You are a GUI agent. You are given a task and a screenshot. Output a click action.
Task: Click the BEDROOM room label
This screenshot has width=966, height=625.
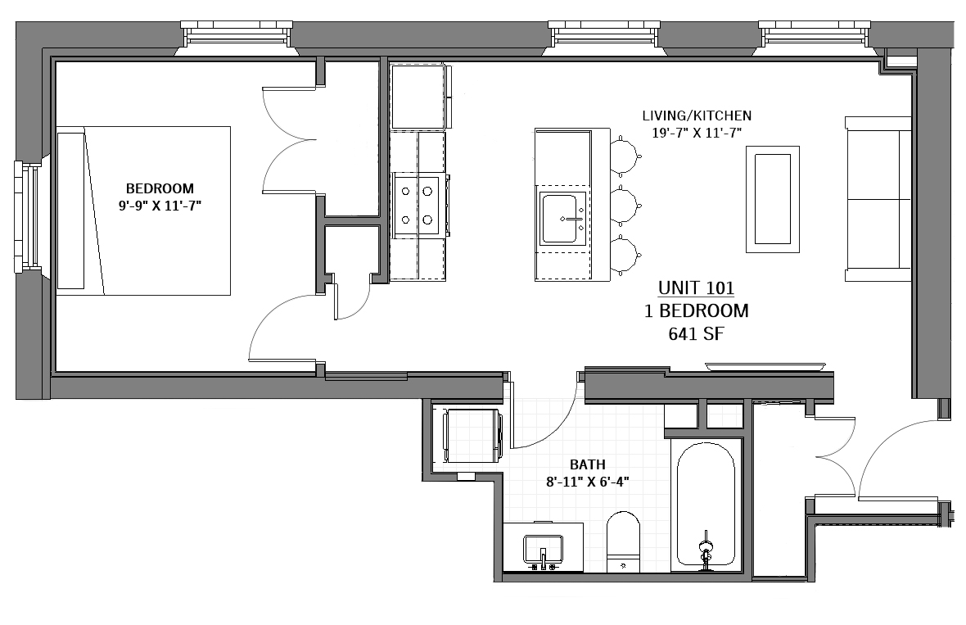pos(160,188)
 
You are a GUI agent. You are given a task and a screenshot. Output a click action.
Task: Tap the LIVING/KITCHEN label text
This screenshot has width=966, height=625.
pos(697,115)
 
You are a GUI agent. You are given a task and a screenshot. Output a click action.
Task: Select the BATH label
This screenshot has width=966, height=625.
pos(587,464)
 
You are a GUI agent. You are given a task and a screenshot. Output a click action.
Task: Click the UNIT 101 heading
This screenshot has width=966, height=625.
pos(696,288)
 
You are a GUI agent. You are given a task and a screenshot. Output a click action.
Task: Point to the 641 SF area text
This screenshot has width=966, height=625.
pos(696,334)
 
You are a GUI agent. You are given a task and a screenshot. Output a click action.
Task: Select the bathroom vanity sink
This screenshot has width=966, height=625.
pos(543,549)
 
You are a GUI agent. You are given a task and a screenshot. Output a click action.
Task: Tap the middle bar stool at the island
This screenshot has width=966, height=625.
pos(624,206)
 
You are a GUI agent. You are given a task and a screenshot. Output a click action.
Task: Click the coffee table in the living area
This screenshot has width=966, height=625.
pos(773,199)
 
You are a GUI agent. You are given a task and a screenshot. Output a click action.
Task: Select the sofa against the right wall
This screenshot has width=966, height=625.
pos(878,198)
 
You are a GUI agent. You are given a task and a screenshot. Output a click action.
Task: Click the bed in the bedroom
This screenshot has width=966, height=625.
pos(143,211)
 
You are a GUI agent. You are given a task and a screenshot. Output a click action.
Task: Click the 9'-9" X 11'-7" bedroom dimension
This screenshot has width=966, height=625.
pos(160,206)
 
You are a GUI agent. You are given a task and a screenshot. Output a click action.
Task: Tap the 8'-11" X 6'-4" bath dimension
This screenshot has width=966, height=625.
pos(587,482)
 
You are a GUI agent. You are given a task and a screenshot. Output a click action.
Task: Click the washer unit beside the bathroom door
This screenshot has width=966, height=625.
pos(472,434)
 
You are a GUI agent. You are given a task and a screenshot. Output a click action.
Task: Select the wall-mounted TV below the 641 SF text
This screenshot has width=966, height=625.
pos(765,367)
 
